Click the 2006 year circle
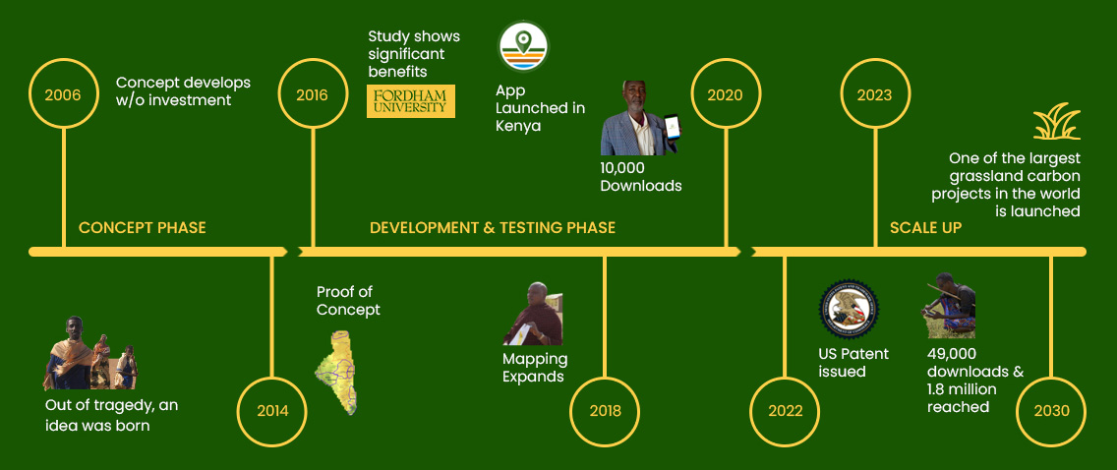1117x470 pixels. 63,95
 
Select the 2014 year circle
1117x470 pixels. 272,410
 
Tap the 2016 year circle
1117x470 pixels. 312,95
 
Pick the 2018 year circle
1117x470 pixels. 606,410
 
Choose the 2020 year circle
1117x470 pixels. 726,95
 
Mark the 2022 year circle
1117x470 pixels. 786,410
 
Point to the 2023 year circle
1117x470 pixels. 874,95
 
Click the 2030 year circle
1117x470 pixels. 1051,410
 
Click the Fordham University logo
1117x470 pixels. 411,101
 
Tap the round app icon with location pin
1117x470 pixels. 523,45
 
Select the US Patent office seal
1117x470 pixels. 849,309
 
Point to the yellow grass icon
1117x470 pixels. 1056,122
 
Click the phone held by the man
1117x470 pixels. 672,128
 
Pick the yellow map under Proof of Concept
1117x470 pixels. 336,372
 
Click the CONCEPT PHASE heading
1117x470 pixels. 143,228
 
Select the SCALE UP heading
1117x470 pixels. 925,228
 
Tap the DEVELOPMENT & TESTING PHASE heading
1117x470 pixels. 493,228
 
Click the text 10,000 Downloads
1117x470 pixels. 641,177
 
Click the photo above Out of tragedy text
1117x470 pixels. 89,354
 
